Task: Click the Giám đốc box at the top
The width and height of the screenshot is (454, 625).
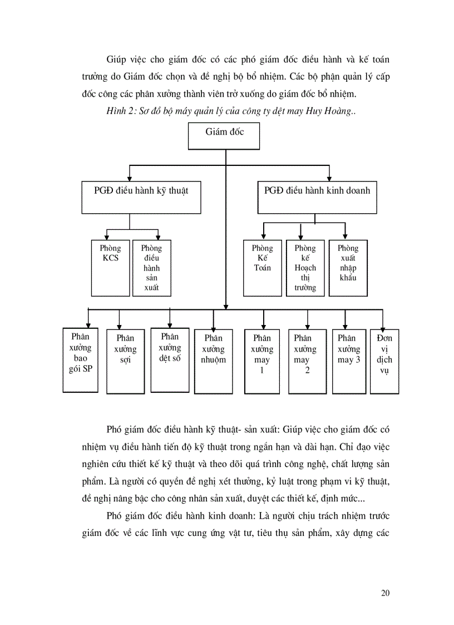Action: (x=224, y=136)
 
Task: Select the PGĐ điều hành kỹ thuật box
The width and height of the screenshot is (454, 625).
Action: (x=141, y=198)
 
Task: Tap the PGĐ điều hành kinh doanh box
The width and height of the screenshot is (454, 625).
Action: (x=317, y=198)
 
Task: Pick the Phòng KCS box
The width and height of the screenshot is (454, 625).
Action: (x=110, y=268)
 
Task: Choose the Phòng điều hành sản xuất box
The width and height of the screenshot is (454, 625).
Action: (x=152, y=268)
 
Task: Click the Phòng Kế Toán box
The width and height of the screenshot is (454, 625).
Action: (x=262, y=268)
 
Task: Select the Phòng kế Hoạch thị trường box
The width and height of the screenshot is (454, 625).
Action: (x=305, y=268)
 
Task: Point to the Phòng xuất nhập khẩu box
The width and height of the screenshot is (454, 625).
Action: (x=348, y=268)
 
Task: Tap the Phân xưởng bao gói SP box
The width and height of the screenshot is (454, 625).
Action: (x=81, y=360)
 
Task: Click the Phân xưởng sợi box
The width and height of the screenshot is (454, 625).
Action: (x=126, y=362)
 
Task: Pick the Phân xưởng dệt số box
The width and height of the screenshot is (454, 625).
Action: (x=170, y=360)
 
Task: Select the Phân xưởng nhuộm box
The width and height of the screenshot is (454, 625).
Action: (x=213, y=362)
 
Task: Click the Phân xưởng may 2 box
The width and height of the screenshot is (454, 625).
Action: (x=307, y=362)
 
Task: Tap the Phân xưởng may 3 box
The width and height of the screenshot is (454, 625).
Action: (x=349, y=362)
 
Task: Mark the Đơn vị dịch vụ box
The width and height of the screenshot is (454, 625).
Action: (x=384, y=362)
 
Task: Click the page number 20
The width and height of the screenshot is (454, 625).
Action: (x=385, y=593)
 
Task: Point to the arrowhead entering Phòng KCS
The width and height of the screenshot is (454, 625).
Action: (x=106, y=237)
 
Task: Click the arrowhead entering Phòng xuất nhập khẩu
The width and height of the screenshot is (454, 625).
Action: (x=345, y=237)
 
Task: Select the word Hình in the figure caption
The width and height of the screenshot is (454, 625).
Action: (x=116, y=111)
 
